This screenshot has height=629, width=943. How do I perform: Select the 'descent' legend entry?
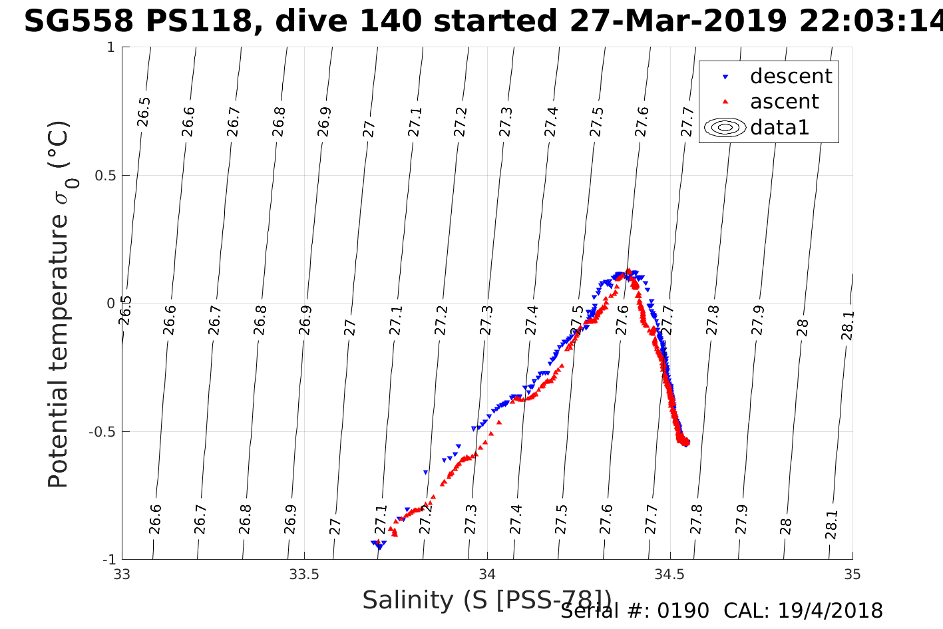(x=791, y=77)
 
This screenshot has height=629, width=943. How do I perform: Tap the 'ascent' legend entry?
(x=784, y=102)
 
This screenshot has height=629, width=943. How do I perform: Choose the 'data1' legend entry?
(x=779, y=127)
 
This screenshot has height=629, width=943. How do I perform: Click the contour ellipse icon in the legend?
(x=725, y=127)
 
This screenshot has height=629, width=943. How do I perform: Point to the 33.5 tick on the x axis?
(x=305, y=574)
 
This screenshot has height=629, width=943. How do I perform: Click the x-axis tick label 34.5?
(x=670, y=574)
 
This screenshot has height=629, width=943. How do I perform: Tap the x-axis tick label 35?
(x=852, y=574)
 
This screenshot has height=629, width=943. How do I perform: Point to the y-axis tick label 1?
(x=111, y=48)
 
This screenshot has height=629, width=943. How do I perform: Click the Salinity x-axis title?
(x=486, y=600)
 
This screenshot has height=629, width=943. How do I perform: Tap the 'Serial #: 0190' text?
(x=634, y=611)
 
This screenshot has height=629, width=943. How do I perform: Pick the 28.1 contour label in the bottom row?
(x=832, y=524)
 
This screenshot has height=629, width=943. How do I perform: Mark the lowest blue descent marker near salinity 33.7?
(x=379, y=546)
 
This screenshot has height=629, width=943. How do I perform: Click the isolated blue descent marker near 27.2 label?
(x=426, y=472)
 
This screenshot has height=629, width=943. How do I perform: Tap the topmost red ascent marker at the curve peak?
(x=628, y=271)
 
